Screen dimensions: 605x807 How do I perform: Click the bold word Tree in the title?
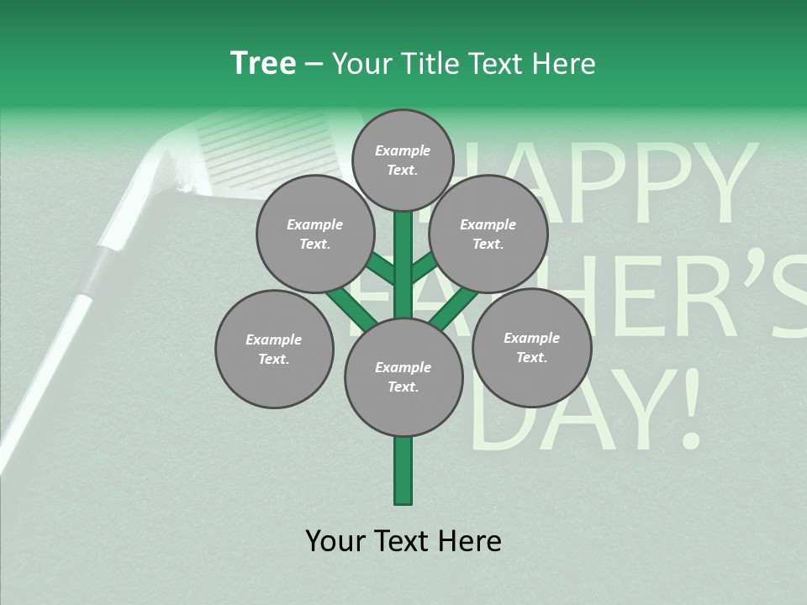[x=263, y=64]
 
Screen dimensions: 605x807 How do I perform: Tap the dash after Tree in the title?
[x=314, y=65]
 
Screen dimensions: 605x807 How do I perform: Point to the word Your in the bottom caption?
[x=336, y=541]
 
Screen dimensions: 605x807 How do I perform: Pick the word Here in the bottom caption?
[x=470, y=541]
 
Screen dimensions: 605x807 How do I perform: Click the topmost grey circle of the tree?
[x=403, y=160]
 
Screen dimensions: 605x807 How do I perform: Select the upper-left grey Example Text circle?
[x=314, y=234]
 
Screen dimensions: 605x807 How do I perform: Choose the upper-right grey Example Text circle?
[x=488, y=234]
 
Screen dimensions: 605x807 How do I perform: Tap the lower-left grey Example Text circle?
[x=274, y=349]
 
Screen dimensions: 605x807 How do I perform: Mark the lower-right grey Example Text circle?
[x=531, y=347]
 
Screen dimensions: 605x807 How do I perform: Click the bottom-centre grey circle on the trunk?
[x=403, y=377]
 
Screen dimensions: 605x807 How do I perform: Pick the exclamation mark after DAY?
[x=688, y=408]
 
